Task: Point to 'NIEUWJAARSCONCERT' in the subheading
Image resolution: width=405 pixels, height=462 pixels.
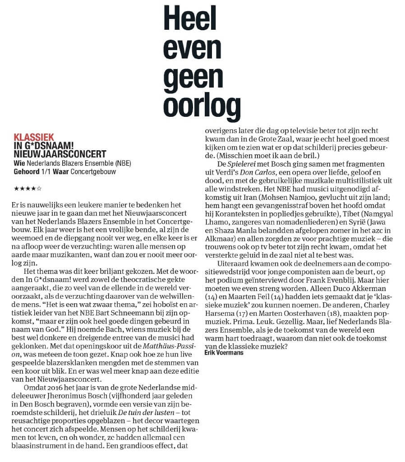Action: pos(60,153)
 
